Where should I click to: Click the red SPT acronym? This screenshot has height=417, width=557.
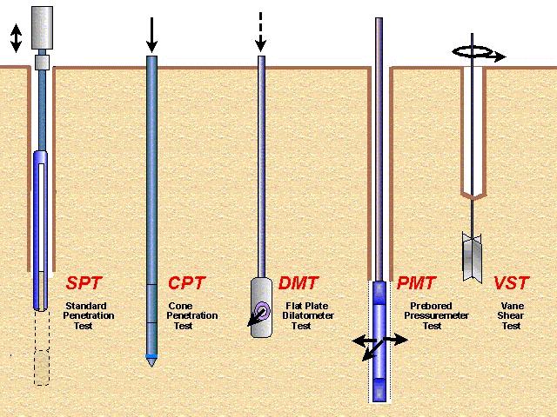tap(84, 283)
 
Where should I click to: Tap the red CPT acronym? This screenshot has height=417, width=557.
tap(186, 283)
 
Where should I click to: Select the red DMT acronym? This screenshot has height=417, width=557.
tap(298, 283)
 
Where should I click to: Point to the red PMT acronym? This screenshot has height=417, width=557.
tap(416, 283)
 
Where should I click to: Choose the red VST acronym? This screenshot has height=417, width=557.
tap(511, 283)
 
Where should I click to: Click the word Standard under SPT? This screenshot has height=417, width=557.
tap(86, 306)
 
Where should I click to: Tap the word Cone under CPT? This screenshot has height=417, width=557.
tap(180, 306)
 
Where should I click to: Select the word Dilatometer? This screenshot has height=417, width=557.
tap(308, 315)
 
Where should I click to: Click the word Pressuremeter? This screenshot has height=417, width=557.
tap(436, 315)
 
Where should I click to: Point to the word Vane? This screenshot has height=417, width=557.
tap(513, 306)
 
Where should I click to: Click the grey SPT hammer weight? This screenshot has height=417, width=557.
tap(43, 28)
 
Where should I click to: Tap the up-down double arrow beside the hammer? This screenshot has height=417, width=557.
tap(16, 38)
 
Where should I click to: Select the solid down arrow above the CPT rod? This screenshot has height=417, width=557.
tap(151, 35)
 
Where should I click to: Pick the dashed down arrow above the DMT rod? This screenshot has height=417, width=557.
tap(260, 32)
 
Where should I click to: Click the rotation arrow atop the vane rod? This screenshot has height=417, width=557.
tap(479, 53)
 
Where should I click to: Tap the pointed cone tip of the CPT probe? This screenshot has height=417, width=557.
tap(151, 362)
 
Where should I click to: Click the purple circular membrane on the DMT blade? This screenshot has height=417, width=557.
tap(263, 311)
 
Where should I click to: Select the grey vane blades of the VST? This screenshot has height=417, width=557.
tap(472, 257)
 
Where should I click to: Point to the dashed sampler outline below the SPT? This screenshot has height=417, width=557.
tap(42, 348)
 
